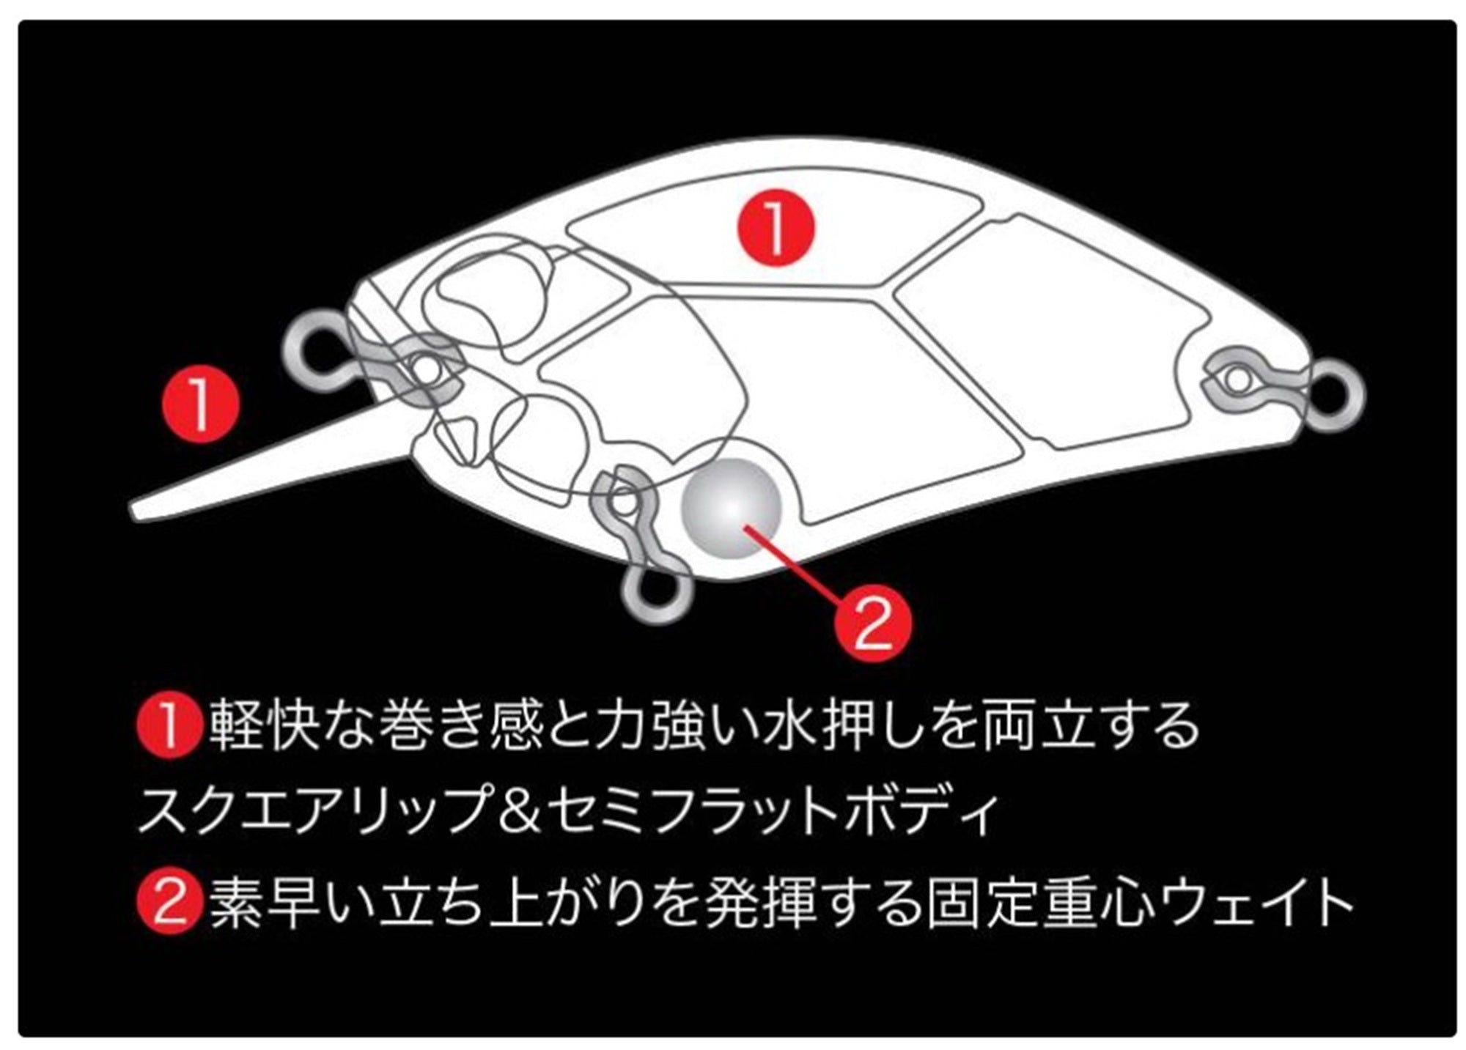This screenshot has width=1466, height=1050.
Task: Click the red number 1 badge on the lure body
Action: pos(776,226)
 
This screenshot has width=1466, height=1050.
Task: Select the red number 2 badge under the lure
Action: pos(872,622)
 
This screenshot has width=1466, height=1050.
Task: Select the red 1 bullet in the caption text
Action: pos(168,725)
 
